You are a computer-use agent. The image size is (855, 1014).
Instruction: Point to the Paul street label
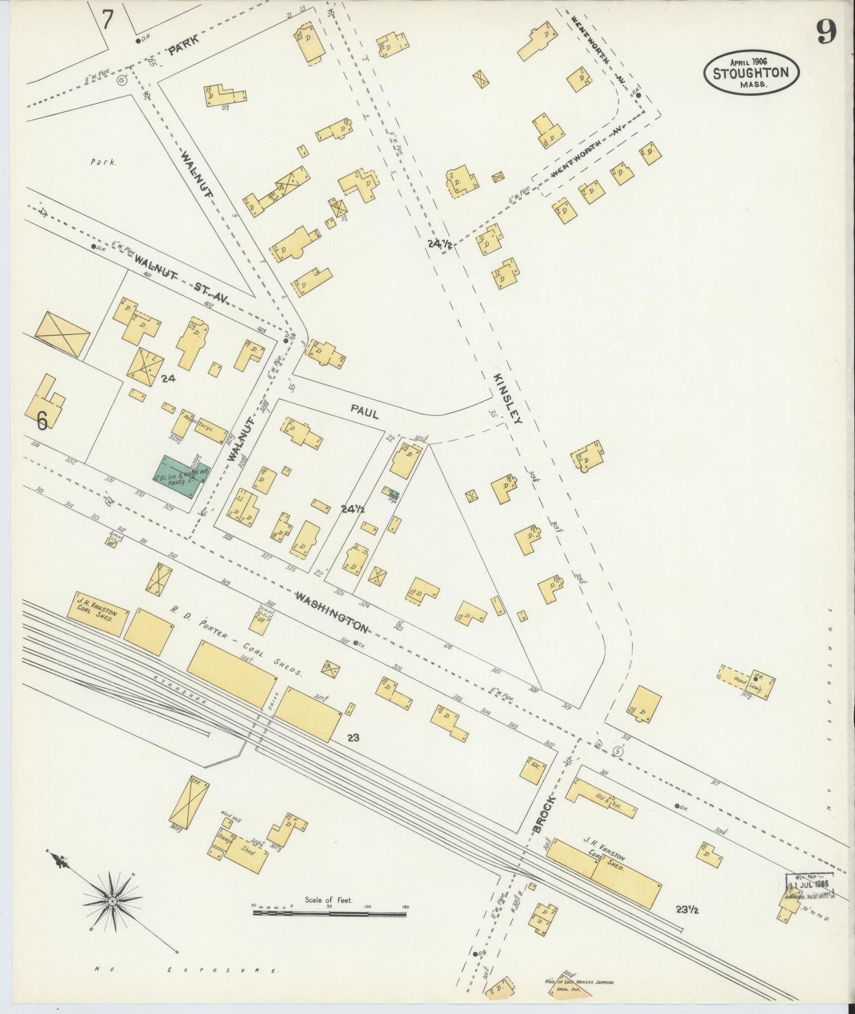coord(364,412)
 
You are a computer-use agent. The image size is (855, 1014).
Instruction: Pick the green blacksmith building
coord(178,477)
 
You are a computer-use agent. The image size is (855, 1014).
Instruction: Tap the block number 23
coord(354,737)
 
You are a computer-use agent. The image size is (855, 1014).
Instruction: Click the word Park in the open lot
coord(104,161)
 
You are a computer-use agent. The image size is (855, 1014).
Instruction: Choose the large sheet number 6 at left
coord(41,420)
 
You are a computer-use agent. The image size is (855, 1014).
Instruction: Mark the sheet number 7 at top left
coord(107,20)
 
